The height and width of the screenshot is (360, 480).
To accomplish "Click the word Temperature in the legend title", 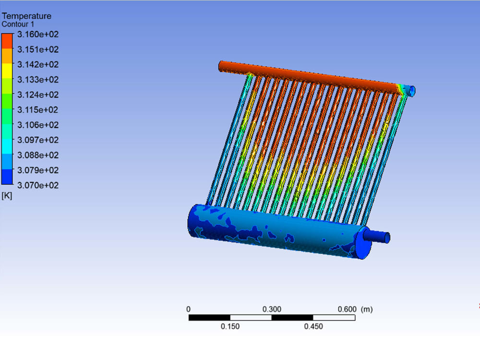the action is click(x=26, y=16).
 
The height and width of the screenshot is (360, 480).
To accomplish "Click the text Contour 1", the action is click(x=18, y=24).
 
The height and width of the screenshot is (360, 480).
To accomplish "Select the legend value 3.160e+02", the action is click(x=38, y=34).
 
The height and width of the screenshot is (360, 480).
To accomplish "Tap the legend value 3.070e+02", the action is click(x=38, y=185).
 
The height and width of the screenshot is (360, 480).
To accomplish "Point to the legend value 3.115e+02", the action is click(x=37, y=109).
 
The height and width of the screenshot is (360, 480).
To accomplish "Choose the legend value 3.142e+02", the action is click(x=38, y=64).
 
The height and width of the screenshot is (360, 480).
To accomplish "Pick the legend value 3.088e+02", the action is click(x=38, y=155).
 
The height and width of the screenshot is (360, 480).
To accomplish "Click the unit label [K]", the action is click(x=7, y=196).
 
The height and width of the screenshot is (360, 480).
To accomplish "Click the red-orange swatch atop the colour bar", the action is click(x=7, y=41).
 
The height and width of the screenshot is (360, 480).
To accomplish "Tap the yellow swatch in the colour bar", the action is click(x=7, y=71).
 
